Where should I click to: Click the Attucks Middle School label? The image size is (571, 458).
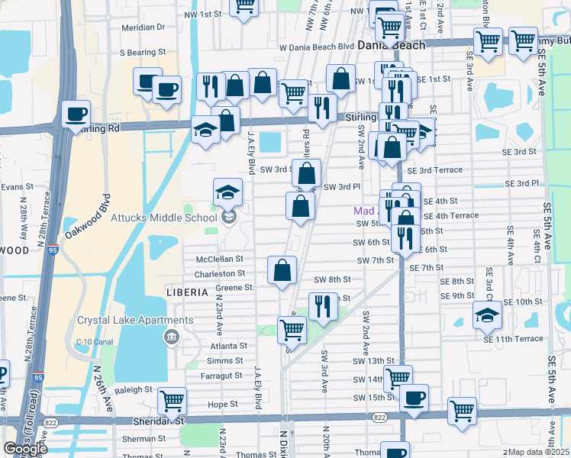(x=165, y=218)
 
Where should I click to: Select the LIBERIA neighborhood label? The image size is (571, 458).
(x=187, y=292)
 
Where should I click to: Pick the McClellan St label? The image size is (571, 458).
(x=219, y=259)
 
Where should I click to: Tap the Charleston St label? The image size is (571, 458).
(x=220, y=273)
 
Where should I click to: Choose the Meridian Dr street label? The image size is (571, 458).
(x=144, y=27)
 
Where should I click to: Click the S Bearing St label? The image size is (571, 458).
(x=143, y=52)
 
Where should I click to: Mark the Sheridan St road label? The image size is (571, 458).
(x=156, y=420)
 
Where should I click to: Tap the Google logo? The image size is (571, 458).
(x=25, y=449)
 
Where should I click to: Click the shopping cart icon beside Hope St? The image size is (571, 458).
(x=172, y=399)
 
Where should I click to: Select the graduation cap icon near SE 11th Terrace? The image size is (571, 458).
(x=487, y=314)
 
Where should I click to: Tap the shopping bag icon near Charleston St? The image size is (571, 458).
(x=282, y=269)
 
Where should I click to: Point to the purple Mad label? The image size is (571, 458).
(x=364, y=211)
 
